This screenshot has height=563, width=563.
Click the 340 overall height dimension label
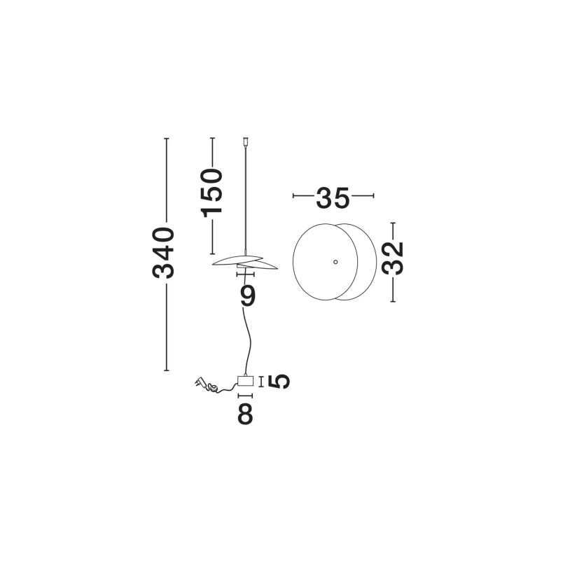[x=164, y=253]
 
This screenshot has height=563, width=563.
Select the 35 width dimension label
[x=333, y=197]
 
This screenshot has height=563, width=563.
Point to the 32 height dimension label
[x=393, y=258]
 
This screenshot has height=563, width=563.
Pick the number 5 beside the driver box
[x=279, y=382]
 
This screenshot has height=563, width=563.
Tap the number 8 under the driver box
[x=246, y=414]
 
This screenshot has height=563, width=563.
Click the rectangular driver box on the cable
[x=246, y=382]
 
